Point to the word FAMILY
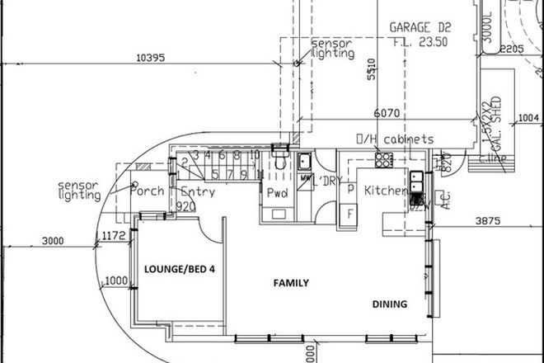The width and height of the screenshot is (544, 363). [291, 283]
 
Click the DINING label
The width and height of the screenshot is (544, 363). [388, 304]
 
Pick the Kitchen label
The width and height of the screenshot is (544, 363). [383, 191]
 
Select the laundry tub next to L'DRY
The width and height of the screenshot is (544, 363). [302, 160]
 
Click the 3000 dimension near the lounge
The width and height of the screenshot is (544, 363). [51, 241]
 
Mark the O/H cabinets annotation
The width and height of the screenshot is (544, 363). [394, 139]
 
